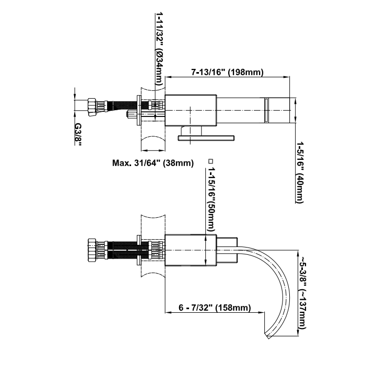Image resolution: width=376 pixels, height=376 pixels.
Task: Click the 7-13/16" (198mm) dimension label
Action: pyautogui.click(x=227, y=72)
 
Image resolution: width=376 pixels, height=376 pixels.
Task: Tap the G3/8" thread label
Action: pyautogui.click(x=78, y=134)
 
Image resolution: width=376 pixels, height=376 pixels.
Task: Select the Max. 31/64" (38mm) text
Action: pyautogui.click(x=152, y=163)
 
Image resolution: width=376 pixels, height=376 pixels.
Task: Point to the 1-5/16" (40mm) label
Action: pyautogui.click(x=300, y=172)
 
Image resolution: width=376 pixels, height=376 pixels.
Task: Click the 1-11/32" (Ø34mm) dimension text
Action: pyautogui.click(x=159, y=49)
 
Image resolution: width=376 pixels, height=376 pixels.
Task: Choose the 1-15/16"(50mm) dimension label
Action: pyautogui.click(x=211, y=199)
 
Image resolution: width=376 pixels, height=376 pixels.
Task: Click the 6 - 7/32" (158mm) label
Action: pyautogui.click(x=215, y=308)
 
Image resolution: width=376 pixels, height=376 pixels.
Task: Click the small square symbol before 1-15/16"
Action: pyautogui.click(x=211, y=161)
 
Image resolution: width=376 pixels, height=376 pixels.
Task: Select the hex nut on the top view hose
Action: pyautogui.click(x=92, y=107)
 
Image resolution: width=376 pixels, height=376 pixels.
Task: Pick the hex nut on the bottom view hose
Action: pyautogui.click(x=92, y=250)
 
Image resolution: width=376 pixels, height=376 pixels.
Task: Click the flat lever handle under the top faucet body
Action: pyautogui.click(x=206, y=138)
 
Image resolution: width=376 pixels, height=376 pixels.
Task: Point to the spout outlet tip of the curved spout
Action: pyautogui.click(x=267, y=335)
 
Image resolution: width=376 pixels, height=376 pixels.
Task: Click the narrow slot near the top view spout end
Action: pyautogui.click(x=266, y=110)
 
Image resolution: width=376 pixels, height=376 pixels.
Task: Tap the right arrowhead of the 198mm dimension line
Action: pyautogui.click(x=287, y=77)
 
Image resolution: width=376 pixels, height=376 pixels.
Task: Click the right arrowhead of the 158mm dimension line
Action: pyautogui.click(x=261, y=312)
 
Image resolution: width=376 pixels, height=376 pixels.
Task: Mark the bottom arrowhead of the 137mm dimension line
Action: pyautogui.click(x=298, y=332)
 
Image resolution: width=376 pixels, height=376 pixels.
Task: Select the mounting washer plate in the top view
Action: pyautogui.click(x=138, y=110)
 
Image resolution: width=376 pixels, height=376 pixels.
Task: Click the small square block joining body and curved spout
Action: pyautogui.click(x=227, y=250)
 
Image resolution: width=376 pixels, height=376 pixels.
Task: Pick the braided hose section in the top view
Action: pyautogui.click(x=122, y=106)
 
